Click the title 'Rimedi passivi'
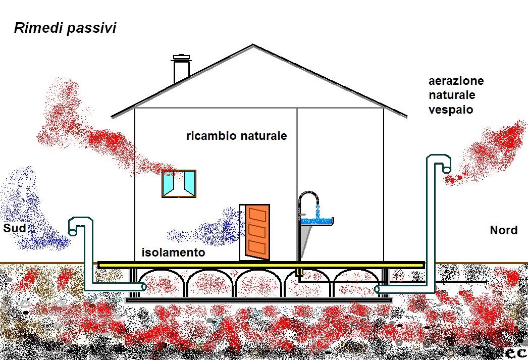pyautogui.click(x=65, y=28)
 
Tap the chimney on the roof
pyautogui.click(x=181, y=69)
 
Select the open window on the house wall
pyautogui.click(x=179, y=183)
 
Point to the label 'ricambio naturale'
pyautogui.click(x=236, y=136)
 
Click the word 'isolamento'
pyautogui.click(x=173, y=252)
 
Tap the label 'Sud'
pyautogui.click(x=15, y=229)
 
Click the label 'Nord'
pyautogui.click(x=503, y=230)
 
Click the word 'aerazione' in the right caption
pyautogui.click(x=456, y=81)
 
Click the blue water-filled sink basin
pyautogui.click(x=317, y=221)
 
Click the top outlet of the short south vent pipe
pyautogui.click(x=72, y=232)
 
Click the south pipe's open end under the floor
pyautogui.click(x=143, y=287)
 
